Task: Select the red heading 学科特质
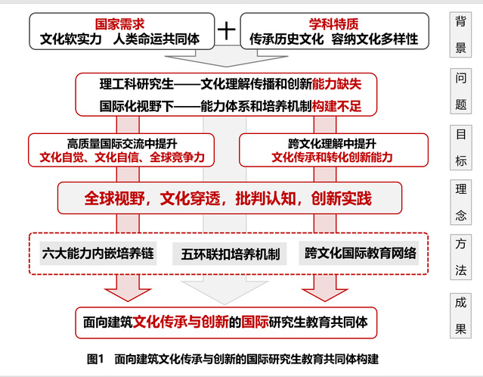[333, 23]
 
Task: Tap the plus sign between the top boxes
[227, 30]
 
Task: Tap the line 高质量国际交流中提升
[121, 143]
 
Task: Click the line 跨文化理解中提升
[333, 143]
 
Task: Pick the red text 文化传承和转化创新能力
[333, 157]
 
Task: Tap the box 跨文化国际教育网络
[361, 254]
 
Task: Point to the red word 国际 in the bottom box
[255, 322]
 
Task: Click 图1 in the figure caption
[94, 358]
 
